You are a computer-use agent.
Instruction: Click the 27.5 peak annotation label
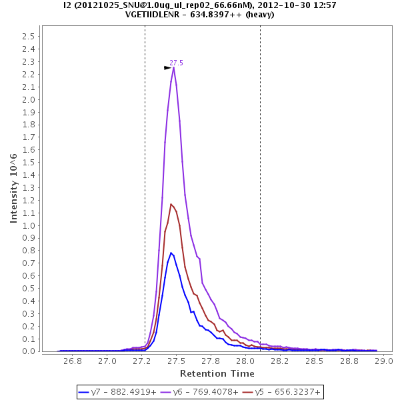pyautogui.click(x=176, y=63)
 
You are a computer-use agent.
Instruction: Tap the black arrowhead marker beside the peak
pyautogui.click(x=168, y=67)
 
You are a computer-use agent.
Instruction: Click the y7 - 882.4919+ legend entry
pyautogui.click(x=117, y=392)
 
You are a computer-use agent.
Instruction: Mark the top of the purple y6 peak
pyautogui.click(x=173, y=67)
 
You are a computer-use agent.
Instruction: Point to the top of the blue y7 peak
pyautogui.click(x=171, y=253)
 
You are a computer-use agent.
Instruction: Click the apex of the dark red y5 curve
pyautogui.click(x=171, y=204)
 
